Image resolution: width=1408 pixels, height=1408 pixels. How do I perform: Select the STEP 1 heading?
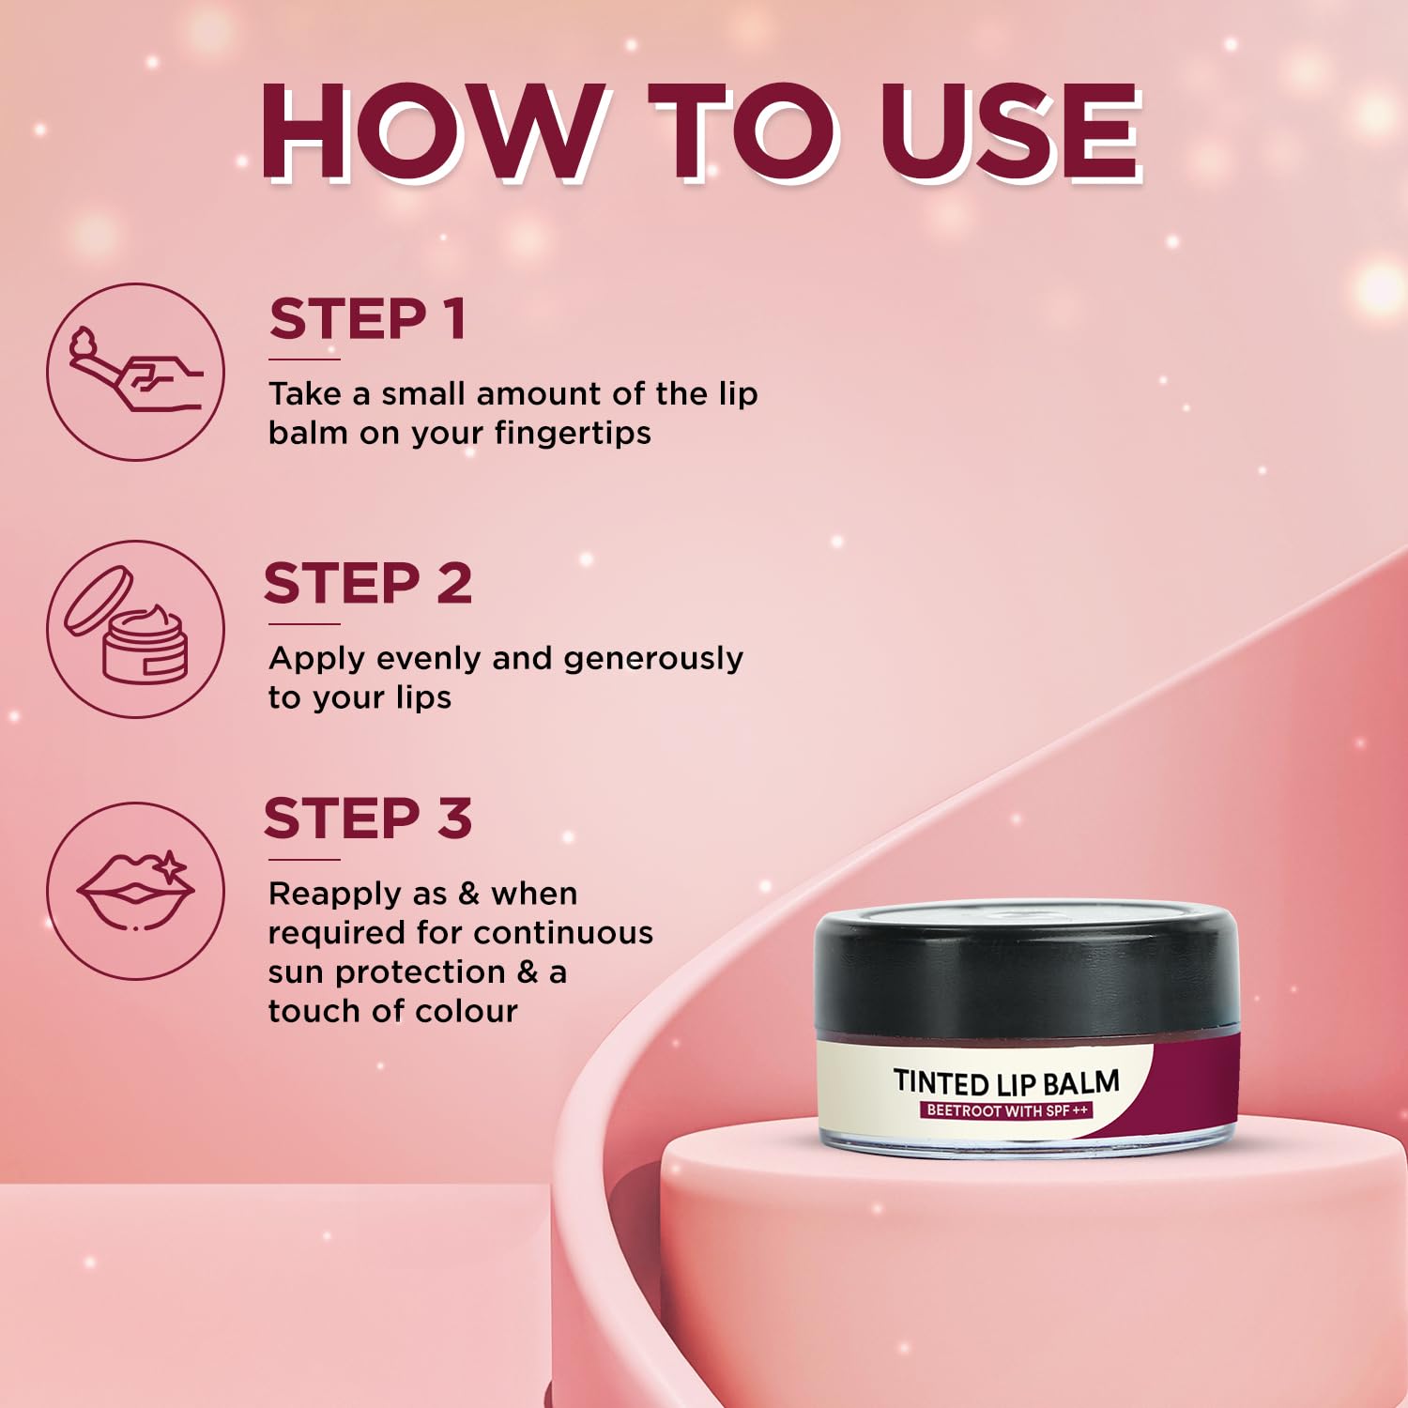[368, 319]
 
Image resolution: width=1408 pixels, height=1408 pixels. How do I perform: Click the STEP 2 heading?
[368, 584]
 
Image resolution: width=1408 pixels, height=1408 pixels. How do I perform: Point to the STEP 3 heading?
[368, 819]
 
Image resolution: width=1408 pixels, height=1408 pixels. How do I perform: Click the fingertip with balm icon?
[136, 372]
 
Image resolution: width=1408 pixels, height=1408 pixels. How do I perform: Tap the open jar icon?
[136, 629]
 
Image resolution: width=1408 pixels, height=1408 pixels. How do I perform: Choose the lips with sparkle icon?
[136, 891]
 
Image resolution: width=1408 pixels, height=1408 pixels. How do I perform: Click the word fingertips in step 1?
[573, 435]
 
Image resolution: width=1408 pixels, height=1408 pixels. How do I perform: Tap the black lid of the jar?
[1027, 970]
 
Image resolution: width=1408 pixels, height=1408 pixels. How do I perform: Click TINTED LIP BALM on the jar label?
[1006, 1082]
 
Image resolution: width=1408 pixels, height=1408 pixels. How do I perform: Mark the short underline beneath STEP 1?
[304, 360]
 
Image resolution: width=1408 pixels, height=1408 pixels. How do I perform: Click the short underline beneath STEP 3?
[304, 859]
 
